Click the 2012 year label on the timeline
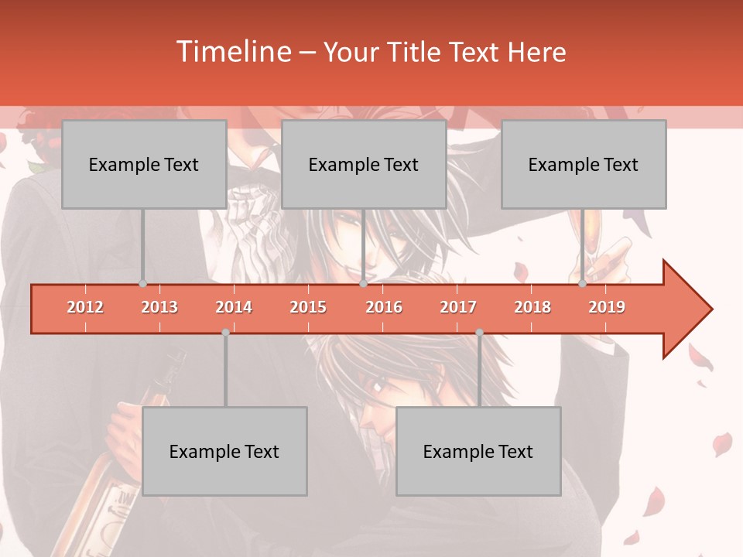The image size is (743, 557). point(85,307)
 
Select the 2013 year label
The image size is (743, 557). point(159,307)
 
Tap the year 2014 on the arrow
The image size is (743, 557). point(234,307)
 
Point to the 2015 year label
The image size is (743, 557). point(308,307)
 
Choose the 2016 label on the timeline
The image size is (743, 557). point(384,307)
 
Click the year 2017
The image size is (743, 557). point(458,307)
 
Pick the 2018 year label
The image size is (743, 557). point(532,307)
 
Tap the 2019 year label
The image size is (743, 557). point(607,307)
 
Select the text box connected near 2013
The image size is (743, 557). point(144,164)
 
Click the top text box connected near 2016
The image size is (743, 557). point(364,164)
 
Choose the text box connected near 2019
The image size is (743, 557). point(584,164)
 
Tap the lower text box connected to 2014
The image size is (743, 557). point(224,451)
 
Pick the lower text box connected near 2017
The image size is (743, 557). point(478,451)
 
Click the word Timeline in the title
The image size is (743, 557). point(231,52)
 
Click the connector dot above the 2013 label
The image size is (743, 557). point(142,284)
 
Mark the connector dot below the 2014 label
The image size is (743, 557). point(225,332)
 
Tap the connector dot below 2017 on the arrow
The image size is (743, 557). point(479,332)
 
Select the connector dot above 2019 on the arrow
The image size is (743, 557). point(583,284)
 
